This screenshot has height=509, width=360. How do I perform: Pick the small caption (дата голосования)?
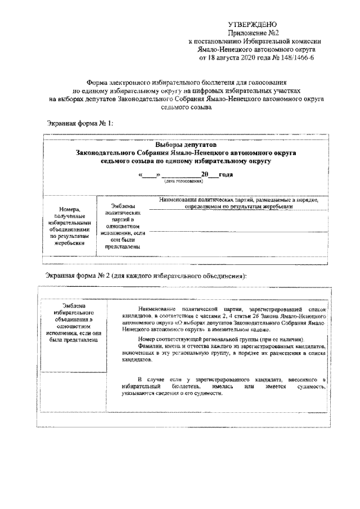coord(183,182)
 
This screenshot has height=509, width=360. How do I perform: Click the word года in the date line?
coord(226,175)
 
